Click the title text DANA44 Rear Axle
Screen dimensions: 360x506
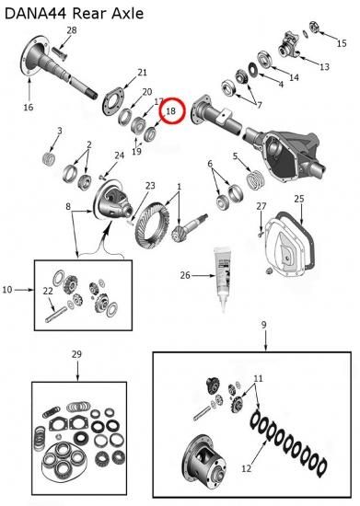(x=74, y=14)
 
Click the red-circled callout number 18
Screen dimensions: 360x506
(x=170, y=110)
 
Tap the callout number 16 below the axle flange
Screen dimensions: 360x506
(x=29, y=107)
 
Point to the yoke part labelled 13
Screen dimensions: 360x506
(x=288, y=45)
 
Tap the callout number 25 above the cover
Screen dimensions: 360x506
(x=299, y=199)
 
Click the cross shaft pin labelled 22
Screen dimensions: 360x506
(x=55, y=314)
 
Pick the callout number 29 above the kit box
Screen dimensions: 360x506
(x=76, y=354)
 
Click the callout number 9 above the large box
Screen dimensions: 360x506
(x=263, y=325)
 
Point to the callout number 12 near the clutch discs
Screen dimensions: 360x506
(x=247, y=468)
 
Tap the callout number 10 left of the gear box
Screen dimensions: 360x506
(x=7, y=290)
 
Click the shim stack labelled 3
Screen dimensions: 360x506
(x=49, y=158)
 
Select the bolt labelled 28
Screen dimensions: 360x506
(x=58, y=54)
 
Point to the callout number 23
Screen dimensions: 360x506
(x=150, y=186)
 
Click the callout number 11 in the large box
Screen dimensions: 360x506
(x=258, y=378)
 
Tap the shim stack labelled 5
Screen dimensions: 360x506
(x=256, y=180)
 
